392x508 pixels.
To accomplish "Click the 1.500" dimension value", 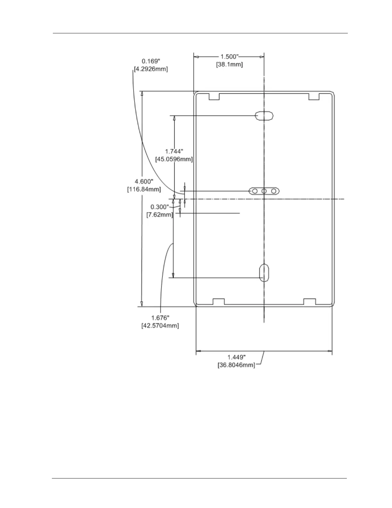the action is (229, 57).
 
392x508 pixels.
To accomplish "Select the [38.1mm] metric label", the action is (229, 64).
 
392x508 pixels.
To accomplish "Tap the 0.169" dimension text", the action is (151, 61).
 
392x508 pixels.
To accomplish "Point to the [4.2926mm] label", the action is (151, 69).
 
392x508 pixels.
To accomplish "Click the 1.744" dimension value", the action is (174, 151).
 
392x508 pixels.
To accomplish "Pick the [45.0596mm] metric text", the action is (174, 159).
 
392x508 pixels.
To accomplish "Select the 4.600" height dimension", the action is (144, 182).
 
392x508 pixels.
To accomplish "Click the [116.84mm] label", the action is (144, 189).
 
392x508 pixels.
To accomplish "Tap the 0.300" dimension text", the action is (159, 207).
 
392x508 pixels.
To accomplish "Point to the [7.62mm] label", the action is (159, 215).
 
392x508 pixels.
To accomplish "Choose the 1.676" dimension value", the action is (160, 318).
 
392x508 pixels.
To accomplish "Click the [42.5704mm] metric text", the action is (160, 326).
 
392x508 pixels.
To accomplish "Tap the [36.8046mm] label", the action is (236, 365).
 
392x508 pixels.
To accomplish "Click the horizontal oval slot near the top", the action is (264, 115).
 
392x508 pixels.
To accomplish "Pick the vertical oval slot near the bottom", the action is (264, 273).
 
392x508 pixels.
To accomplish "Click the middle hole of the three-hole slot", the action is (264, 191).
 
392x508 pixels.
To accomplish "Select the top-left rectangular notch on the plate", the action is (214, 97).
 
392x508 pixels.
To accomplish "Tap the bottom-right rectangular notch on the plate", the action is (310, 301).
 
